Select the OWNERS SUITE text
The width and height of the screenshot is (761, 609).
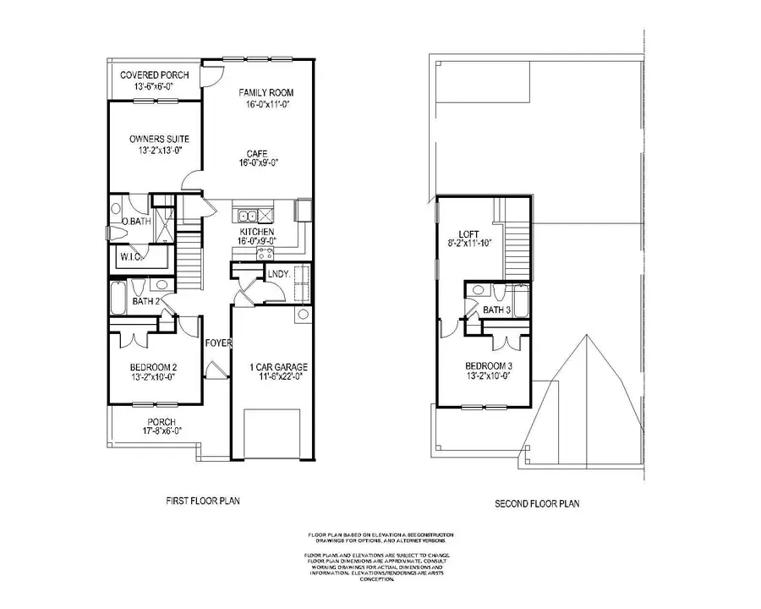tap(159, 139)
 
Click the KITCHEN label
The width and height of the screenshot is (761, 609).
tap(255, 231)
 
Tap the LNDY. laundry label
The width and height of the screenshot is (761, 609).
tap(278, 273)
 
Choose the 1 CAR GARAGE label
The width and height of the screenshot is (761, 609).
tap(279, 367)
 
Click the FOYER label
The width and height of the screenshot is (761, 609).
tap(219, 343)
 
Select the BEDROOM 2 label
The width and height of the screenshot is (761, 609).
tap(153, 367)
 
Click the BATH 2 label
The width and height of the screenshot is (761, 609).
tap(145, 301)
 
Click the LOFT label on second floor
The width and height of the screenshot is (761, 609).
tap(469, 234)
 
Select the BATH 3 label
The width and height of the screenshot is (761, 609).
tap(497, 310)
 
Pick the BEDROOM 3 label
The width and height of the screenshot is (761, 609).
tap(489, 367)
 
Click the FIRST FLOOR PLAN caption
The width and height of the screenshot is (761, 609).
tap(203, 501)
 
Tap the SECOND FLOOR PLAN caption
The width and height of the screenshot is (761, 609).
tap(537, 504)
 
